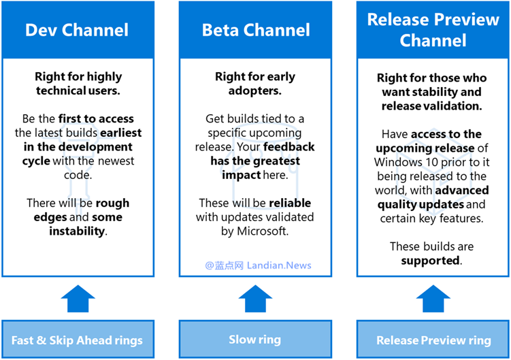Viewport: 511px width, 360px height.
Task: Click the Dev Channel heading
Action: (77, 30)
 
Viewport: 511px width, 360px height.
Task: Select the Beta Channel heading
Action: (256, 30)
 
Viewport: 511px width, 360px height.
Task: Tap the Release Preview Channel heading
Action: (433, 30)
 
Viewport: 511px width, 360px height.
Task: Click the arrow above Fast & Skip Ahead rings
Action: (78, 298)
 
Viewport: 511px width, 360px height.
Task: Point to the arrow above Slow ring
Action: (255, 298)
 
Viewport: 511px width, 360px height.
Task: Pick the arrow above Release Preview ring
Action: (433, 298)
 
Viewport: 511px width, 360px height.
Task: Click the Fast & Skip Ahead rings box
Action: (78, 339)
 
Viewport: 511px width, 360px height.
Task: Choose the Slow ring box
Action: (255, 339)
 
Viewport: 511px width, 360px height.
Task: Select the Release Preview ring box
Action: (433, 339)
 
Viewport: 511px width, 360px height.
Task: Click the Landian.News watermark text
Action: (279, 265)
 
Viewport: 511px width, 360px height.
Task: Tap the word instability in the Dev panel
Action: (77, 231)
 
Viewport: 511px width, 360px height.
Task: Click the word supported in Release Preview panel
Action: (430, 261)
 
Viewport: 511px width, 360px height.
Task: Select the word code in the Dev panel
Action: (77, 175)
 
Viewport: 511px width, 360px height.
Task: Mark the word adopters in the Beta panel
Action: (254, 91)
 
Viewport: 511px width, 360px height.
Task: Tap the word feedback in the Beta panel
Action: (289, 147)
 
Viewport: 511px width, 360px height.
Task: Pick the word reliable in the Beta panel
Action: (290, 203)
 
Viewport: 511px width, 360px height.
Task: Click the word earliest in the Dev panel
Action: (121, 133)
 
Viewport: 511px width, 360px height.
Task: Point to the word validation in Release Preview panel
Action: (450, 106)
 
